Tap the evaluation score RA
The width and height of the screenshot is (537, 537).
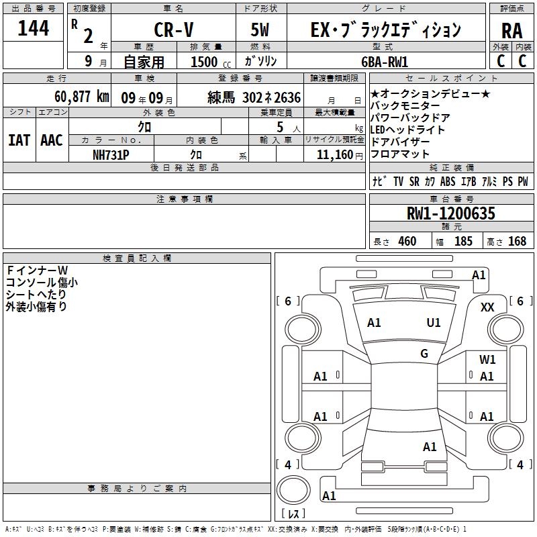[x=511, y=30]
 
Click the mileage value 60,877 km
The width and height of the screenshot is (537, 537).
[x=74, y=96]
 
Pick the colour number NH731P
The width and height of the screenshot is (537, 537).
[x=111, y=154]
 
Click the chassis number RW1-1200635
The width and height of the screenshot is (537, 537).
[x=451, y=213]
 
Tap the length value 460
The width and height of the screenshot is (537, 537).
[x=407, y=241]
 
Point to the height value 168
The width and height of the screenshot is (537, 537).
[x=517, y=241]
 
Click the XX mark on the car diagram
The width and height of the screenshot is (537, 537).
[x=488, y=307]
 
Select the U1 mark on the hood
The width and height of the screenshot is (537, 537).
[x=434, y=322]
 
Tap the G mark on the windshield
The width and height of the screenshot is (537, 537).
[x=424, y=354]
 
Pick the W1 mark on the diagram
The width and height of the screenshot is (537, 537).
[x=487, y=360]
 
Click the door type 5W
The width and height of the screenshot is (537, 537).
[x=261, y=30]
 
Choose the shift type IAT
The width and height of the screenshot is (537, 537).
[x=19, y=140]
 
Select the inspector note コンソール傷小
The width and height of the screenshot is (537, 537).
[x=42, y=283]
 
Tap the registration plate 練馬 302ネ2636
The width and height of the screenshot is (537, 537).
[x=254, y=96]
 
